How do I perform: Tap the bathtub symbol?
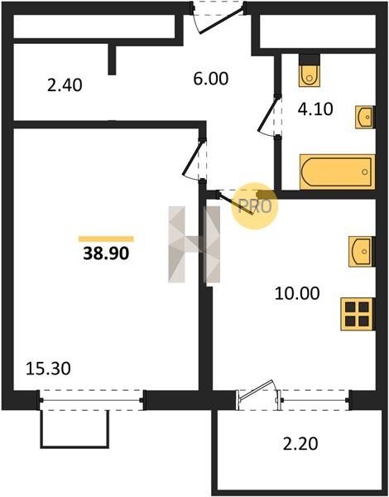(x=338, y=171)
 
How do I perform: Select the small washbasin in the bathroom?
(x=365, y=117)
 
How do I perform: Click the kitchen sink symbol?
(x=362, y=251)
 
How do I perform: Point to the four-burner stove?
(x=358, y=314)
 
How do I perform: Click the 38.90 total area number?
(x=106, y=253)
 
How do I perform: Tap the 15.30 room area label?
(x=48, y=369)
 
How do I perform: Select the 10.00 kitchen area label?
(x=297, y=293)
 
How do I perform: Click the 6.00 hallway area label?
(x=211, y=79)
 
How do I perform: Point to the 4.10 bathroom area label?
(x=315, y=109)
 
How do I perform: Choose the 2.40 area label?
(x=65, y=85)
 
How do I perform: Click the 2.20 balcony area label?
(x=300, y=443)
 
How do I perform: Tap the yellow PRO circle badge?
(x=255, y=206)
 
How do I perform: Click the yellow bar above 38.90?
(x=106, y=239)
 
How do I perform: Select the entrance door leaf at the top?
(x=221, y=21)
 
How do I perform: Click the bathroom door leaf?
(x=269, y=114)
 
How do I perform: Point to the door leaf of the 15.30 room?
(x=193, y=157)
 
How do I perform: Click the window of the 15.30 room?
(x=92, y=401)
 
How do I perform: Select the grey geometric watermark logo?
(x=194, y=244)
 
